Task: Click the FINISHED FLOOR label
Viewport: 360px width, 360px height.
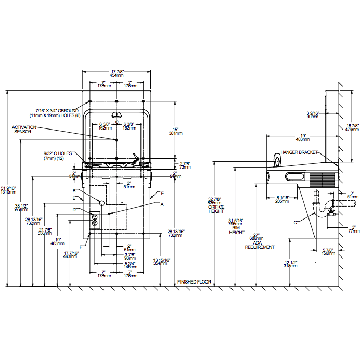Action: [194, 281]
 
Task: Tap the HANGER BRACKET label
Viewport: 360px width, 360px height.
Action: [300, 152]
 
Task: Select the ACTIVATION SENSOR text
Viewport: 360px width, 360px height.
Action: [24, 130]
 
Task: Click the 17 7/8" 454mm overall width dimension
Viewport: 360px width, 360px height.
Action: [117, 73]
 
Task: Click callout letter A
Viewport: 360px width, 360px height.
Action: [162, 204]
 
